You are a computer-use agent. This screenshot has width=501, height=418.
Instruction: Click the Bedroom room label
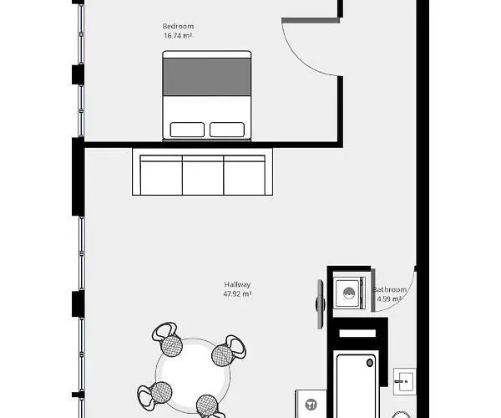coord(178,27)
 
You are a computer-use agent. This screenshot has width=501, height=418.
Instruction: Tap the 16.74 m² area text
coord(178,36)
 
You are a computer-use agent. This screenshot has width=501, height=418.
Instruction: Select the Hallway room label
coord(237,284)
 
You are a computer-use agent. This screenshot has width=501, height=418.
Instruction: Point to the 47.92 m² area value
coord(237,294)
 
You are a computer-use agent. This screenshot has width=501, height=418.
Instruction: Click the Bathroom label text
coord(390,290)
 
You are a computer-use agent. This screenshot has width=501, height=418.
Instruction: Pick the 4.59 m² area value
coord(390,298)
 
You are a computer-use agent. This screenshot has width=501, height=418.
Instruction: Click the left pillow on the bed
coord(187,130)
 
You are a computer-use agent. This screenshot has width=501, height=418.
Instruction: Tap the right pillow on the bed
coord(227,130)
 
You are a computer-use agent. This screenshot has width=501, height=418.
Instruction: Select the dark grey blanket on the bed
coord(207,75)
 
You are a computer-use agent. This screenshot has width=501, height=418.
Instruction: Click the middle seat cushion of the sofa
coord(203,176)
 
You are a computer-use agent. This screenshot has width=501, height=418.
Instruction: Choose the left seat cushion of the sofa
coord(161,176)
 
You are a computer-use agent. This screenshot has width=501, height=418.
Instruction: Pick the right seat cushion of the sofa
coord(244,176)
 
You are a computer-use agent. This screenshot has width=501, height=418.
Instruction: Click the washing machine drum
coord(347,293)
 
